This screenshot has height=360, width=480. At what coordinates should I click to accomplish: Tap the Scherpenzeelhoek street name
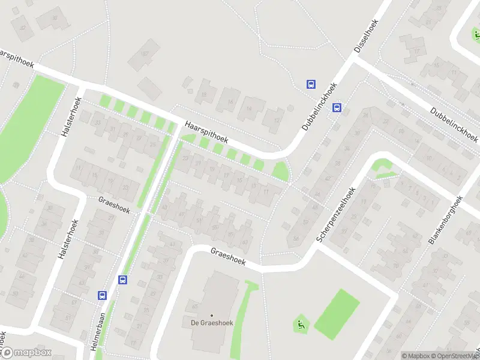click(x=337, y=213)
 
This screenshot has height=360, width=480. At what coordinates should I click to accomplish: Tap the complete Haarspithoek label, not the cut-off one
click(x=207, y=133)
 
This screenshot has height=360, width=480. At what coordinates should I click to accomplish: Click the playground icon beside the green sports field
click(x=300, y=325)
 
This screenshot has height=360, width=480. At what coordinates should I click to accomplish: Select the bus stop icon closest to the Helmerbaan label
click(x=102, y=295)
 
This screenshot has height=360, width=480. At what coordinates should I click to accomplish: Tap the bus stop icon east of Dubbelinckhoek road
click(x=337, y=109)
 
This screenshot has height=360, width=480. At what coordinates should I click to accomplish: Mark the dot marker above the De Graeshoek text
click(x=211, y=316)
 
